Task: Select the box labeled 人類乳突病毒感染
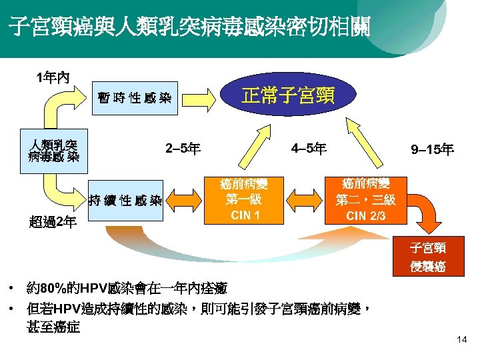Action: pos(53,151)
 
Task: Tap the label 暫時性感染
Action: pos(134,99)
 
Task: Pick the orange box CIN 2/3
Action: pos(365,199)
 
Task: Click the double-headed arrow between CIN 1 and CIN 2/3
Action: pos(305,199)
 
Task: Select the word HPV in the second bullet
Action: pos(67,309)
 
